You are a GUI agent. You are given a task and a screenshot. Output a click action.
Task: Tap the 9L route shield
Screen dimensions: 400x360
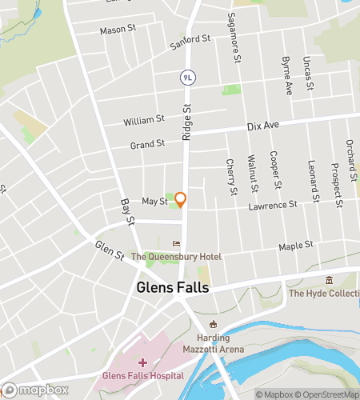click(188, 78)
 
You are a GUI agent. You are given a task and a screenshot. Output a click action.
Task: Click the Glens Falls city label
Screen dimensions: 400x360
click(173, 287)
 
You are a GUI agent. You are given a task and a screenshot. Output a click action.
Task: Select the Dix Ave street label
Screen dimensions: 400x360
click(262, 126)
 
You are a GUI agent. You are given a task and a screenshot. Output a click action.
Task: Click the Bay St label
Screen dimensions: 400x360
click(125, 211)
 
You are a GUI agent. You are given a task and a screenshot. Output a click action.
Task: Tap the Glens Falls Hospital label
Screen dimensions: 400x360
click(142, 375)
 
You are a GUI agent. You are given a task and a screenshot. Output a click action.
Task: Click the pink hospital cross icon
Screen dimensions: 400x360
click(142, 363)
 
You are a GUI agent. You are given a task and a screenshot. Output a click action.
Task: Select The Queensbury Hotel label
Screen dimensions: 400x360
click(176, 257)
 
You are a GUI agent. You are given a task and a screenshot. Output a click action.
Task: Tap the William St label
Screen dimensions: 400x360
click(143, 121)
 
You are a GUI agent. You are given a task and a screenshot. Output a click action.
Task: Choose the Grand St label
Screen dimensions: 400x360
click(147, 144)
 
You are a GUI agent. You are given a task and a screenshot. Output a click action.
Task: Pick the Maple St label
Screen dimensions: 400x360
click(294, 246)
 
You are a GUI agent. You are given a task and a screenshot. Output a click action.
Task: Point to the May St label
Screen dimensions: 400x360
click(154, 202)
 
